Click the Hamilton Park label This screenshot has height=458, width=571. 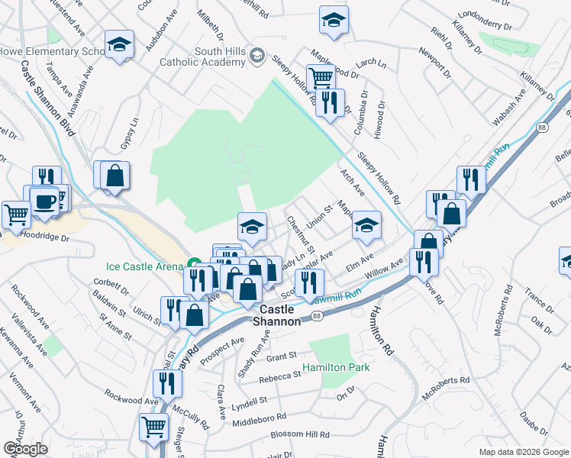click(336, 367)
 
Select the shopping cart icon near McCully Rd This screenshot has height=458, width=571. click(153, 427)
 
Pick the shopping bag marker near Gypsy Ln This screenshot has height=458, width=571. click(115, 175)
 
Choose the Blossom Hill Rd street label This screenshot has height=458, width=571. click(301, 435)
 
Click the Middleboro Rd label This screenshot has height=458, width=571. click(259, 418)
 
